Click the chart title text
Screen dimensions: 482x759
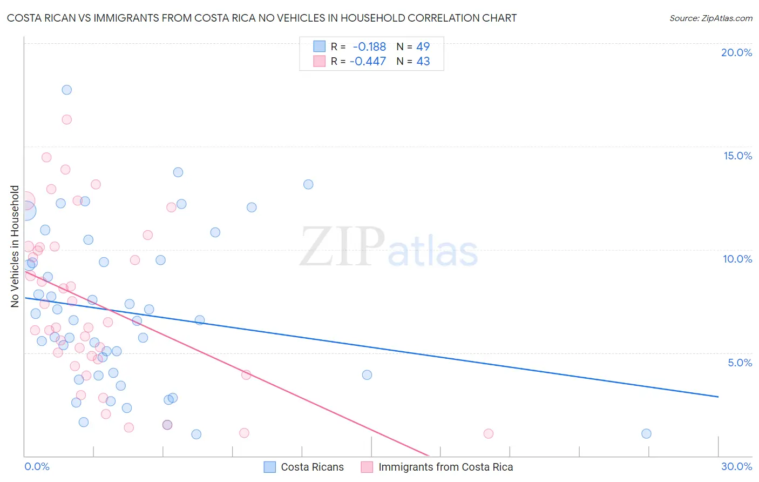[x=262, y=18]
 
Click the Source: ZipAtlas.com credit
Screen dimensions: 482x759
[x=710, y=18]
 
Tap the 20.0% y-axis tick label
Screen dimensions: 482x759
[x=736, y=52]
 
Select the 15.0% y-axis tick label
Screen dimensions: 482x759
[x=737, y=156]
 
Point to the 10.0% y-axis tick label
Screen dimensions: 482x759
[x=737, y=259]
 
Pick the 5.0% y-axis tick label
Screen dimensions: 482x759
[x=740, y=363]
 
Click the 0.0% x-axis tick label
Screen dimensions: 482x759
[x=37, y=466]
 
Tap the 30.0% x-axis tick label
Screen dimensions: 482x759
[x=736, y=466]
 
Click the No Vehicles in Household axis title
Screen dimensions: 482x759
[x=15, y=246]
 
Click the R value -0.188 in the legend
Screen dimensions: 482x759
[x=369, y=47]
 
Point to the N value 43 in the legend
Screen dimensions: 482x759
[x=423, y=62]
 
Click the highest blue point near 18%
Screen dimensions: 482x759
[x=67, y=90]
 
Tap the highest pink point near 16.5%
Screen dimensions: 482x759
[x=67, y=119]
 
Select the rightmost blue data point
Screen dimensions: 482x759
[x=646, y=433]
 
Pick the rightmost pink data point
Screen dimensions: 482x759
[x=489, y=433]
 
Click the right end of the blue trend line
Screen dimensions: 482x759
[x=718, y=397]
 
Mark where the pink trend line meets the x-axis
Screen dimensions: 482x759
[x=429, y=456]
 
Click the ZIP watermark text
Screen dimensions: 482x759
[x=342, y=247]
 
